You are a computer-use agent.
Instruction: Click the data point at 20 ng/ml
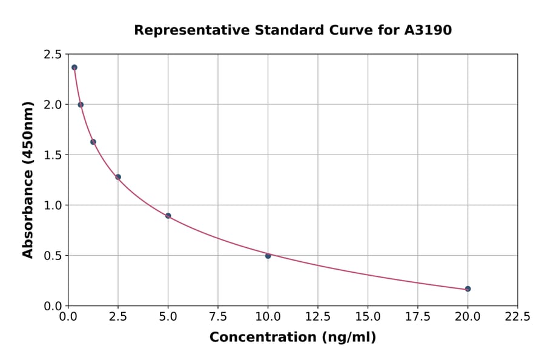(467, 288)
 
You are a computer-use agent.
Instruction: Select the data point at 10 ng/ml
(268, 256)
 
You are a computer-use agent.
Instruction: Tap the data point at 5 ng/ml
(168, 216)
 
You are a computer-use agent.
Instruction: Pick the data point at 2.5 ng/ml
(118, 177)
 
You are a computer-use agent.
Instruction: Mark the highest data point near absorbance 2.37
(74, 67)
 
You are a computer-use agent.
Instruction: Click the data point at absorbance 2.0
(81, 105)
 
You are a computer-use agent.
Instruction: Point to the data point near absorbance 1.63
(93, 142)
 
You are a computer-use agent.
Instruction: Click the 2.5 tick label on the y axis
(52, 55)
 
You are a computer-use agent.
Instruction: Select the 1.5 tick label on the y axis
(52, 155)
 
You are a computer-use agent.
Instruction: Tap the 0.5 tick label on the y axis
(52, 256)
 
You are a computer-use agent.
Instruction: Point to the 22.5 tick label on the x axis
(517, 316)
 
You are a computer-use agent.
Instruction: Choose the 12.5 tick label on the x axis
(318, 316)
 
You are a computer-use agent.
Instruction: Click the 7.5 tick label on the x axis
(218, 316)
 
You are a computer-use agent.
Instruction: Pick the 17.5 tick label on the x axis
(417, 316)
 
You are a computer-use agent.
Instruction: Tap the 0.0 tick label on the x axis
(68, 316)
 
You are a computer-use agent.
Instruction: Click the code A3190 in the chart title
(428, 30)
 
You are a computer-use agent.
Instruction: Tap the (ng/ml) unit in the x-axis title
(348, 338)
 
